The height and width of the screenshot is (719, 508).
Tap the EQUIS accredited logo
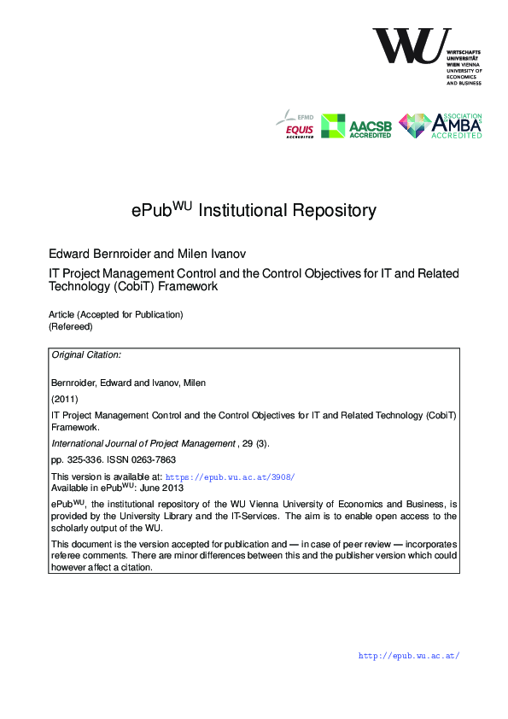pyautogui.click(x=294, y=126)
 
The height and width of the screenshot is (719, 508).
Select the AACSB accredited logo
pyautogui.click(x=356, y=126)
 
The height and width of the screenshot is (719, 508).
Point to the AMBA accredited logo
pyautogui.click(x=441, y=126)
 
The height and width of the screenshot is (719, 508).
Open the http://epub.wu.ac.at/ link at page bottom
pyautogui.click(x=409, y=656)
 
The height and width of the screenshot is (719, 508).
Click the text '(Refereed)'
pyautogui.click(x=70, y=326)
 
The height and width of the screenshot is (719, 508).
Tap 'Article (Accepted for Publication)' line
pyautogui.click(x=115, y=314)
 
